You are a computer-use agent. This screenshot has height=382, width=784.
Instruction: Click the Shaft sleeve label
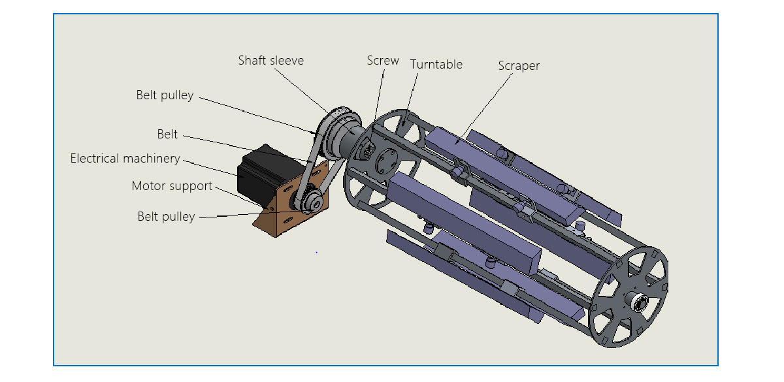[x=270, y=61]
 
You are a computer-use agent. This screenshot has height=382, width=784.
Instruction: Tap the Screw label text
[x=383, y=61]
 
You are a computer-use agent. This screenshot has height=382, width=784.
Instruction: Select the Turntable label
[x=436, y=65]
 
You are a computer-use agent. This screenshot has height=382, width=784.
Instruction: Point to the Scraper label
[x=519, y=66]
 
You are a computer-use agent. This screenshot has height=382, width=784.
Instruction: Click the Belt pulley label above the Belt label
[x=165, y=95]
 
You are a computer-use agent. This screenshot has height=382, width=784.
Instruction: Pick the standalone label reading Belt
[x=167, y=135]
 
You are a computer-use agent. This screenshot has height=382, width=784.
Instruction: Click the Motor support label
[x=172, y=186]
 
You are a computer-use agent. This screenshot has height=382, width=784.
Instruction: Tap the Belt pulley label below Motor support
[x=166, y=217]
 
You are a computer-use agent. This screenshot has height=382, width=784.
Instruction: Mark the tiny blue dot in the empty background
[x=316, y=251]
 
